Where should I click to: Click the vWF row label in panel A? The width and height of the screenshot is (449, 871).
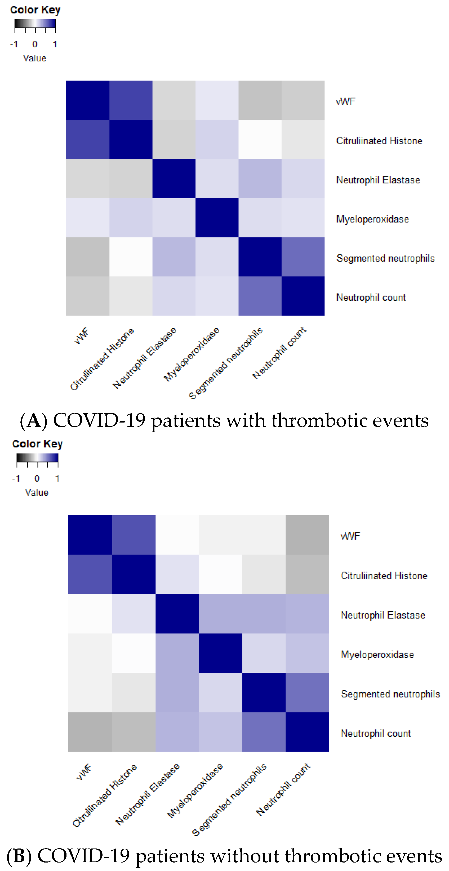click(345, 101)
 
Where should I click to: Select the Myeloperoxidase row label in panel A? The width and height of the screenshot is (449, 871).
click(372, 219)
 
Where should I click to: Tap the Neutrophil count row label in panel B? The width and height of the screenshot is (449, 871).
click(376, 733)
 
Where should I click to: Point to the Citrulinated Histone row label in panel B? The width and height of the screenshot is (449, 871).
click(384, 576)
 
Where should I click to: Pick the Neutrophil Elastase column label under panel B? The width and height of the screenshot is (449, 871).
click(148, 794)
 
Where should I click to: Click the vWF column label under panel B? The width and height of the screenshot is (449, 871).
click(84, 772)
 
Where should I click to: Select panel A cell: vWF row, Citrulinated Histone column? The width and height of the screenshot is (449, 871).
click(131, 100)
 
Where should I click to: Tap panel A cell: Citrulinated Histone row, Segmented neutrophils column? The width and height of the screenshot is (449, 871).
click(260, 139)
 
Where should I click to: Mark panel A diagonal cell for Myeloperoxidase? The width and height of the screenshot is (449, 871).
click(217, 217)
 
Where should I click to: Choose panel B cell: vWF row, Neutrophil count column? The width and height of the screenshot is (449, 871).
click(307, 535)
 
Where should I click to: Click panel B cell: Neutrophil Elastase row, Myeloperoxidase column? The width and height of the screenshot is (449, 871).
click(220, 614)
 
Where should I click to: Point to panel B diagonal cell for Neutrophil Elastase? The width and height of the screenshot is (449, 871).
click(177, 614)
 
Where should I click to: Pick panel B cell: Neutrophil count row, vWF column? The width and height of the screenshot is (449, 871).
click(90, 732)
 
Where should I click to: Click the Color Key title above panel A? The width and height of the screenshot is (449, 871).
click(35, 10)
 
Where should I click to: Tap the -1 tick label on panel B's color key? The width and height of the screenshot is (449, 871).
click(16, 478)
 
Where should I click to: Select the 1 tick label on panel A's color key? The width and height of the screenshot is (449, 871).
click(55, 44)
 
